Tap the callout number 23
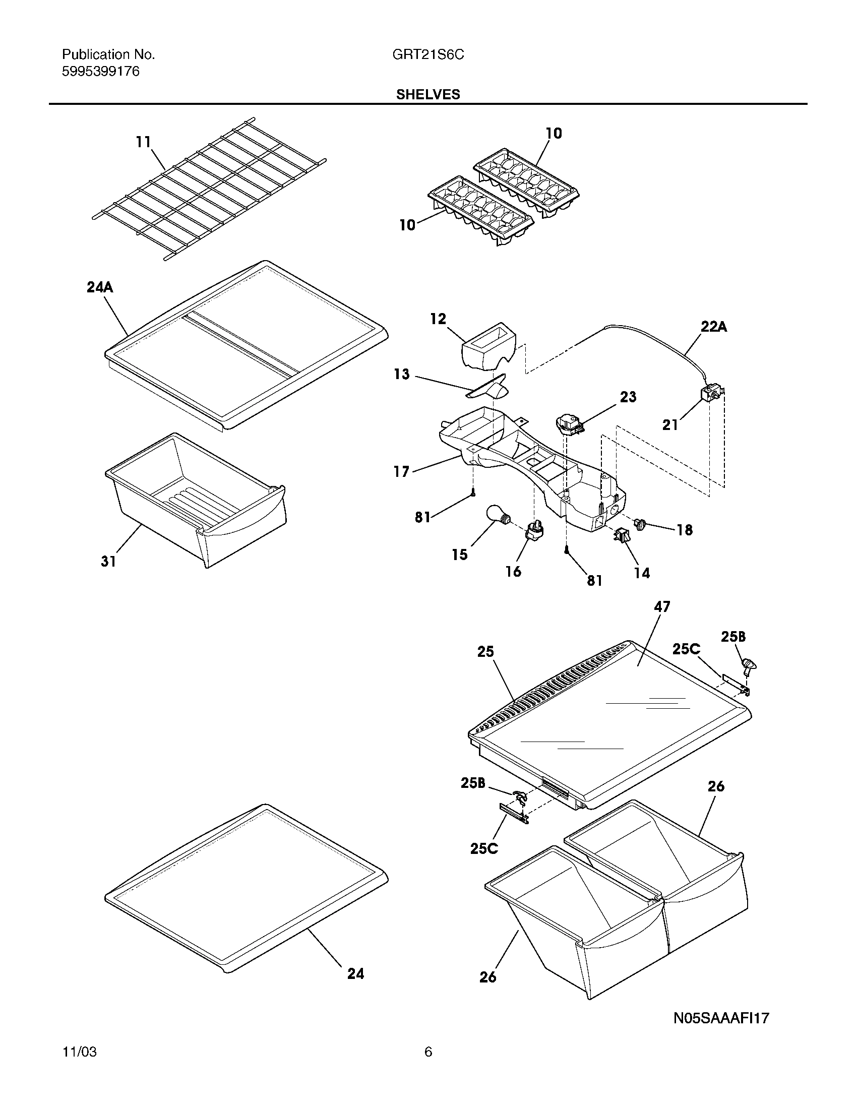(x=628, y=397)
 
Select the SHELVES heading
(x=428, y=94)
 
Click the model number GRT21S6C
(x=428, y=55)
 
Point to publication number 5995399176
(x=100, y=72)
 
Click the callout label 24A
(x=99, y=287)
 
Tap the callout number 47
(x=662, y=606)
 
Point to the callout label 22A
(x=714, y=327)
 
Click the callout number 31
(x=108, y=561)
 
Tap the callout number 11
(x=144, y=142)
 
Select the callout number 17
(x=401, y=472)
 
